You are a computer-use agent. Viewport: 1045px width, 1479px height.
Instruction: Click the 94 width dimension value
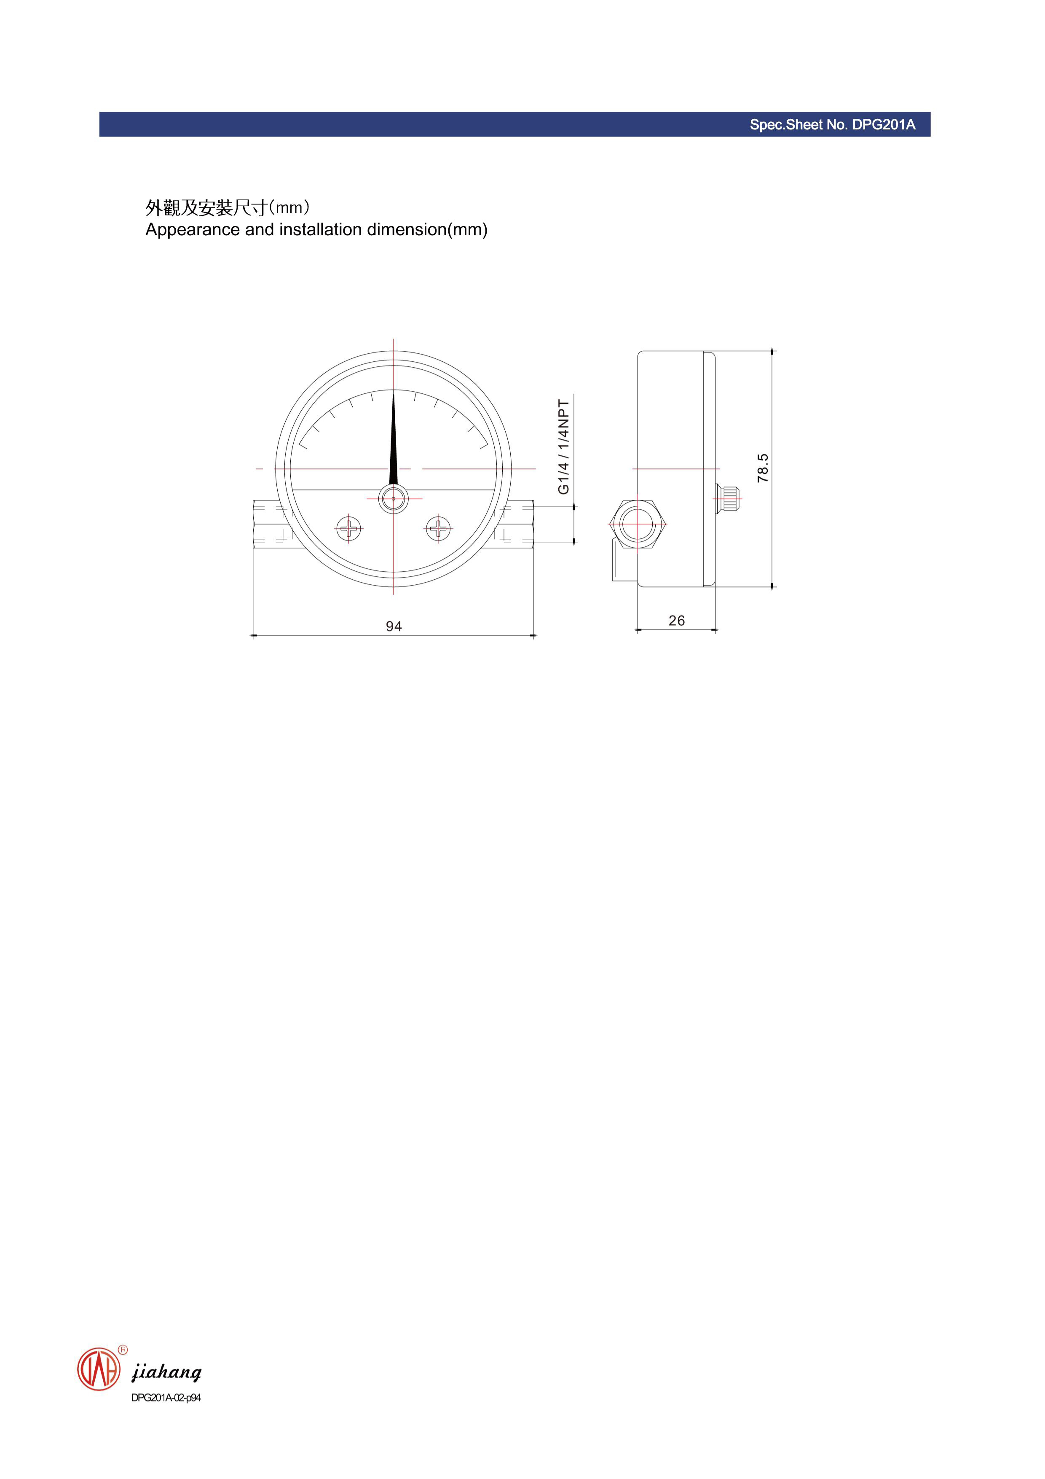394,626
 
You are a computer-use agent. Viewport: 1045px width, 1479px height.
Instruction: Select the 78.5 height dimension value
762,468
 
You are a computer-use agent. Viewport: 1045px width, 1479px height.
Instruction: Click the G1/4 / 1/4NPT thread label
563,446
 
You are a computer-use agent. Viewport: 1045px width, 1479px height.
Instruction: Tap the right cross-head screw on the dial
439,530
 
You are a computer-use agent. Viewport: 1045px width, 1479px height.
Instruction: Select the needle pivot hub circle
394,499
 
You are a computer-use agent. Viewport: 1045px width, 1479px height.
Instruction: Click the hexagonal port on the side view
637,524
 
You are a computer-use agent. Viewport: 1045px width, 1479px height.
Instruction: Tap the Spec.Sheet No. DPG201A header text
832,125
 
